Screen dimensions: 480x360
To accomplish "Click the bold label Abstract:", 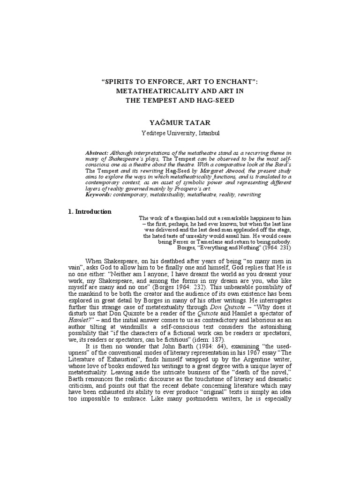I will pos(97,153).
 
